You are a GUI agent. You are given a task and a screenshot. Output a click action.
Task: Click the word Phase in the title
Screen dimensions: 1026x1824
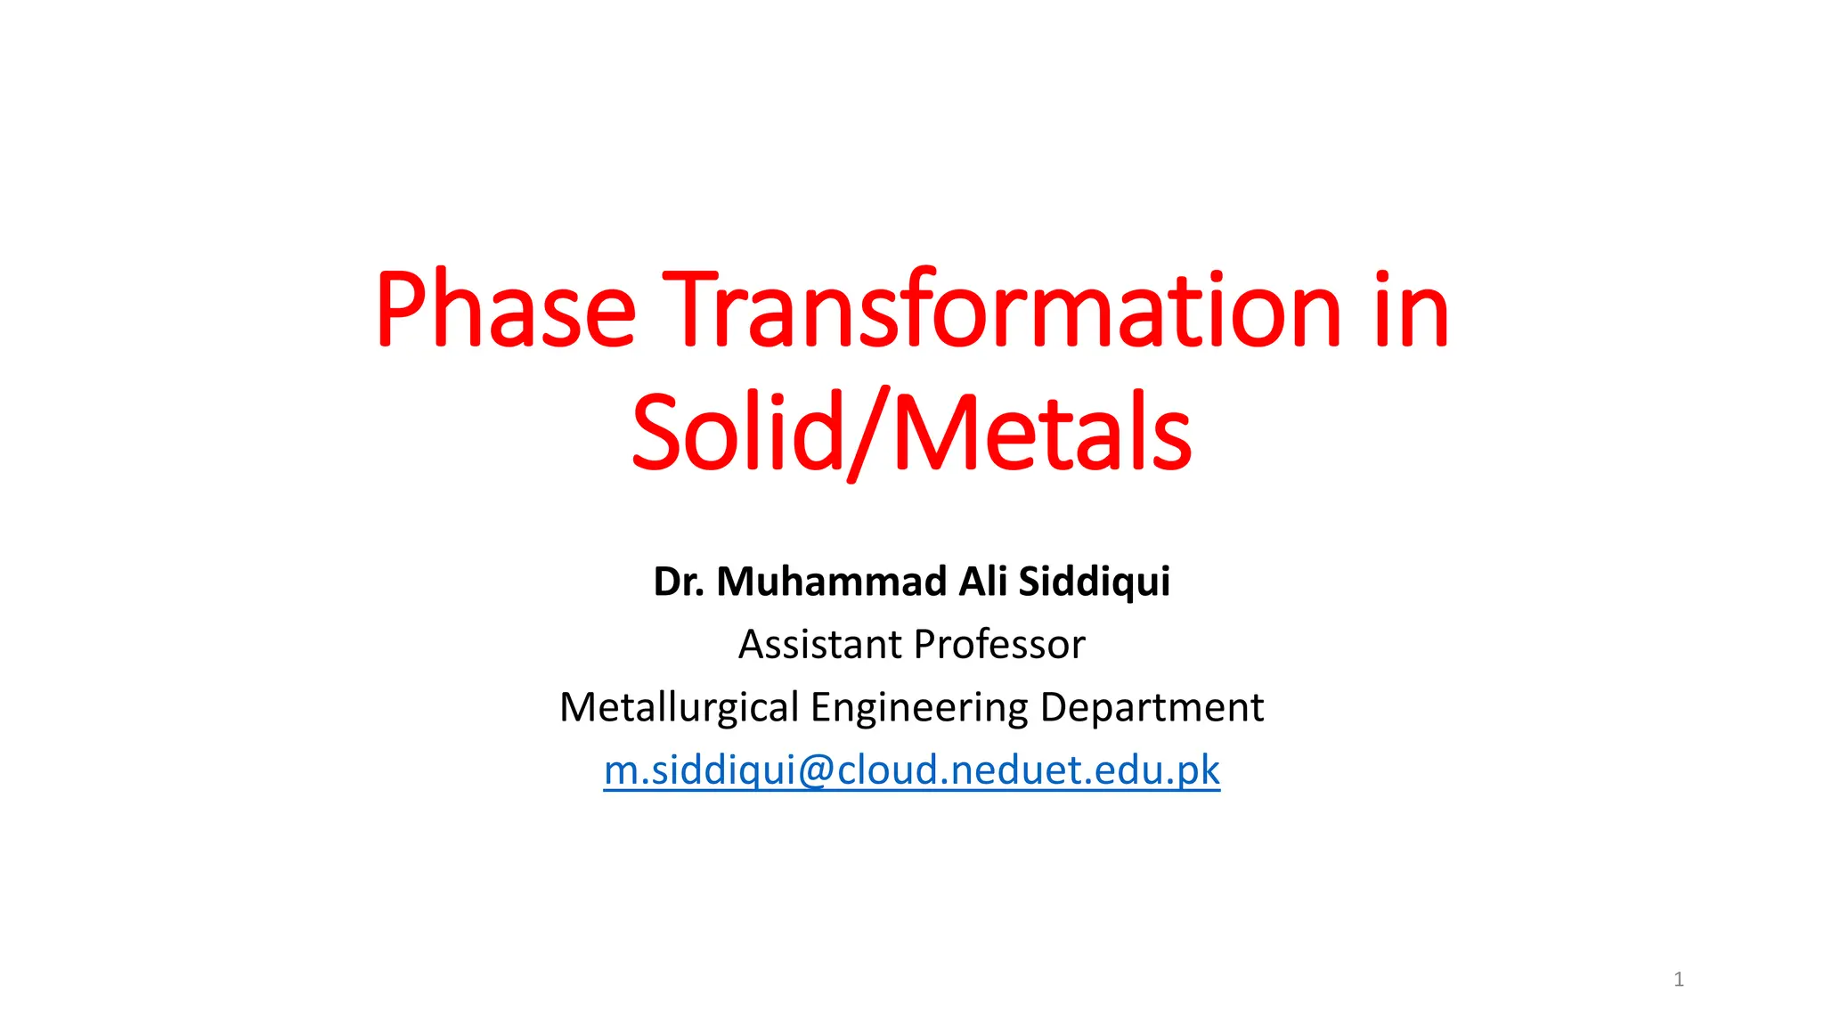coord(505,309)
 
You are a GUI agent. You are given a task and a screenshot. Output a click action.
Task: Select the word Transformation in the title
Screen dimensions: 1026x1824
coord(1001,309)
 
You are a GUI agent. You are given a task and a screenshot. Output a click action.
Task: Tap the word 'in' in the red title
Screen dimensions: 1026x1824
coord(1411,309)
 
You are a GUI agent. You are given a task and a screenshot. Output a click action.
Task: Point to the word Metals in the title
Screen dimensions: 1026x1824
coord(1041,433)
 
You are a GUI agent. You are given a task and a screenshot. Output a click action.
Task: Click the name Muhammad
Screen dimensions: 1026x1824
coord(832,582)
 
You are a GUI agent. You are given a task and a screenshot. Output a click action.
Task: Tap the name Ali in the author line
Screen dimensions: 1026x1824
coord(983,582)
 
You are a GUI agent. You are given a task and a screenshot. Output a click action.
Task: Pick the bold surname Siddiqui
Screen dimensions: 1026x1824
coord(1094,582)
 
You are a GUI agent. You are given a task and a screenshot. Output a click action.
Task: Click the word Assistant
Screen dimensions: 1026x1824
coord(820,644)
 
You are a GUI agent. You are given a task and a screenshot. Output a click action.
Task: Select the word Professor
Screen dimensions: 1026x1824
coord(999,644)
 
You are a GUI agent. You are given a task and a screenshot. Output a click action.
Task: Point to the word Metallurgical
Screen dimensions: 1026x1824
coord(679,707)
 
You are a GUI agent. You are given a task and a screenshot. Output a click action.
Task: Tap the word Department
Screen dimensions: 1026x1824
coord(1152,707)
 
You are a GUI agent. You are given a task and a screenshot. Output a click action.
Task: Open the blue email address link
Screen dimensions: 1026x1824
coord(912,769)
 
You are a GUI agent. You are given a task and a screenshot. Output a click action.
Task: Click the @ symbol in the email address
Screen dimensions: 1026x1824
coord(816,770)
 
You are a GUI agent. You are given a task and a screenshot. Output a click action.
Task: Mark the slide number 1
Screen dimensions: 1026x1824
coord(1679,980)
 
